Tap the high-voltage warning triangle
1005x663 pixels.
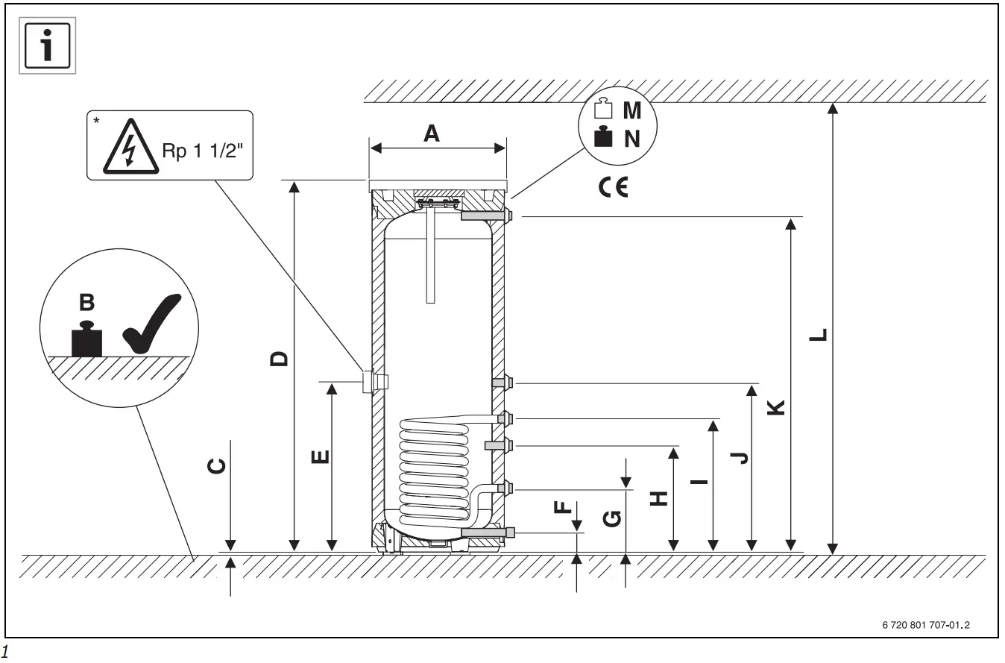coord(129,148)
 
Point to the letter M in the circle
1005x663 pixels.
coord(631,111)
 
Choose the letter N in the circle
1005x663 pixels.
coord(631,138)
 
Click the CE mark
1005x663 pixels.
coord(613,186)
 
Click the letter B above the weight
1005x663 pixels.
coord(87,302)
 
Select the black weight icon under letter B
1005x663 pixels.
coord(86,339)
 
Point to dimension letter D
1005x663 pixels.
coord(278,359)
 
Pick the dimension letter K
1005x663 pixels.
coord(776,407)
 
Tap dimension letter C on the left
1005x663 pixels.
coord(214,466)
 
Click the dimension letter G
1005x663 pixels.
coord(612,518)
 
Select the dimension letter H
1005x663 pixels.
coord(658,498)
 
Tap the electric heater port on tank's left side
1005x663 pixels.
coord(369,381)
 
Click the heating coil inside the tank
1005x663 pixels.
coord(433,470)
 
